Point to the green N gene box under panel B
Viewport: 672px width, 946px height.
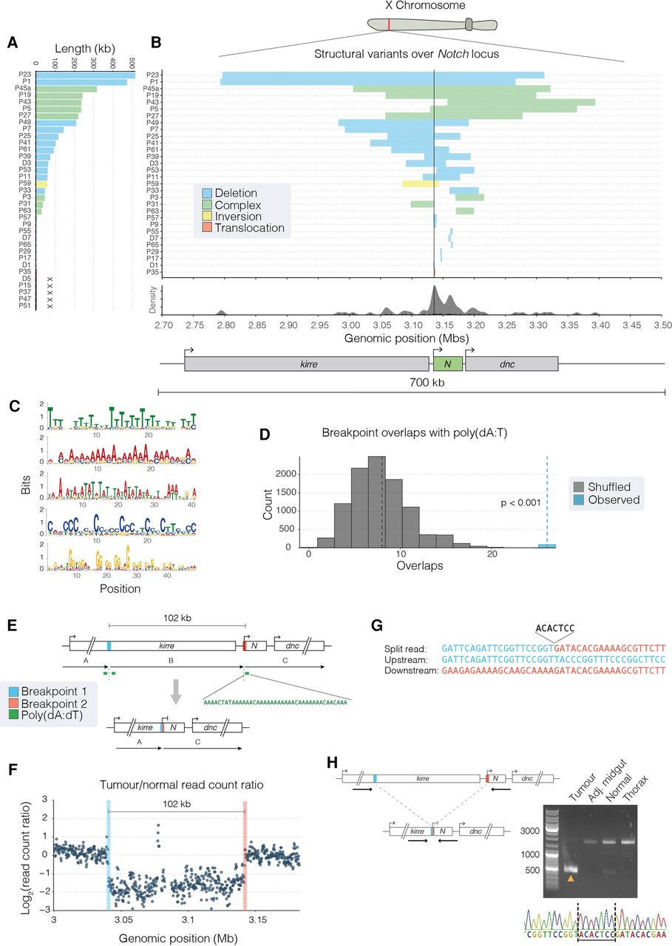447,364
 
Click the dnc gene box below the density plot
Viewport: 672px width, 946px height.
511,364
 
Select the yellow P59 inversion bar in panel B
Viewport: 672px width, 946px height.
420,183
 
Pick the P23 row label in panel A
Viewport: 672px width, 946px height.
26,74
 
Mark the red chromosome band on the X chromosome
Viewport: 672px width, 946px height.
388,24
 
